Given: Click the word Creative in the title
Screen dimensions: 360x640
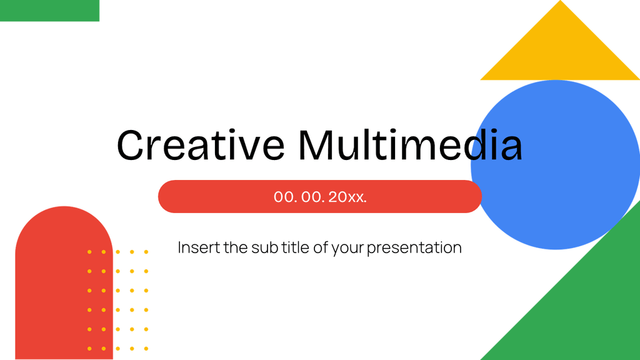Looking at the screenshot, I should point(200,145).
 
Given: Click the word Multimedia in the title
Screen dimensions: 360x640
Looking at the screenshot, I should point(410,145).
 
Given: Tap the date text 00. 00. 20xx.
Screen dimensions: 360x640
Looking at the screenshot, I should point(320,197).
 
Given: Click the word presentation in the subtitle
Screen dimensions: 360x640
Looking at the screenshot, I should point(414,248).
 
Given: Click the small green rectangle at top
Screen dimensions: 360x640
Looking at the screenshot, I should point(49,11).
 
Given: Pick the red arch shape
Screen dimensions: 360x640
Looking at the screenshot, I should point(56,281).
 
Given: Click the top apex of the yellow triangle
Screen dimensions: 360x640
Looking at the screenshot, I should point(560,4).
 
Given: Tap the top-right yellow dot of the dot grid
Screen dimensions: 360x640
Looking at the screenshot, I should point(146,252).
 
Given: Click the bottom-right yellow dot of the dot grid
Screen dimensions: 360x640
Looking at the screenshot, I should point(146,348).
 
